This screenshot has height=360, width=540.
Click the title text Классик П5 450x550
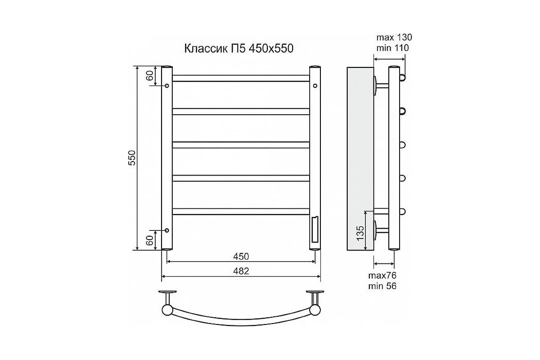tap(238, 49)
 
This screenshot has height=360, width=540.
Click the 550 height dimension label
tap(132, 158)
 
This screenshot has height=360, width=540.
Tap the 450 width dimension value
tap(241, 256)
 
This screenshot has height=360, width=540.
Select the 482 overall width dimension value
tap(241, 271)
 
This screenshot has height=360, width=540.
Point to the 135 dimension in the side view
tap(360, 233)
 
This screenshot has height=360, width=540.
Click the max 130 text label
tap(394, 37)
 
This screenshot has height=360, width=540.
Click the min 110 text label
tap(393, 48)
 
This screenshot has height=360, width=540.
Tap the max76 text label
tap(382, 275)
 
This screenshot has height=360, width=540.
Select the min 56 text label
tap(382, 286)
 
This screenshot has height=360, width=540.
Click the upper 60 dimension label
tap(150, 76)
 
